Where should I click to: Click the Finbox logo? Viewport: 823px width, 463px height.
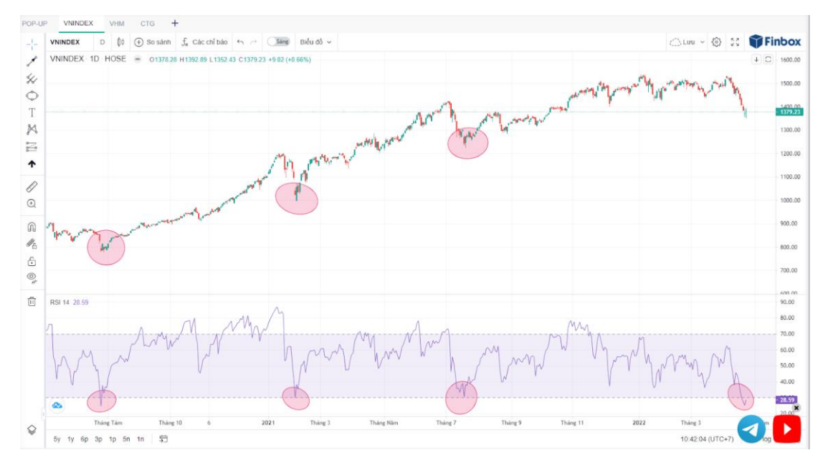point(775,42)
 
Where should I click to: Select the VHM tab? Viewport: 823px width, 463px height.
point(117,24)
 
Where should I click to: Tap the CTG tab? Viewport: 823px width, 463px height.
point(147,24)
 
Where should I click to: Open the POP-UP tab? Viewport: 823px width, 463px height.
point(34,24)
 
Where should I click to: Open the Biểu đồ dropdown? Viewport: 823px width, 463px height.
point(315,42)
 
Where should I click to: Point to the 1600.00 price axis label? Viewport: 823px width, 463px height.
point(790,60)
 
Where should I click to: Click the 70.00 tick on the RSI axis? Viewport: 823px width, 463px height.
point(787,334)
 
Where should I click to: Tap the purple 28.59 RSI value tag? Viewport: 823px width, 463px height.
point(787,400)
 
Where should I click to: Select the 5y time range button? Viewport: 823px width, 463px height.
point(57,439)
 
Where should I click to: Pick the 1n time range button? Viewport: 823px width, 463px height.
point(141,439)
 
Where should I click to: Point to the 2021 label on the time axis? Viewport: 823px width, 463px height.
point(268,423)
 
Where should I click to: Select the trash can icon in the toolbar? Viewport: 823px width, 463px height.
point(32,302)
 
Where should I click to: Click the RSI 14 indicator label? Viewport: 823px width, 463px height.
point(60,302)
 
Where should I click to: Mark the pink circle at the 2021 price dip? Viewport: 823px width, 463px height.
point(296,198)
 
